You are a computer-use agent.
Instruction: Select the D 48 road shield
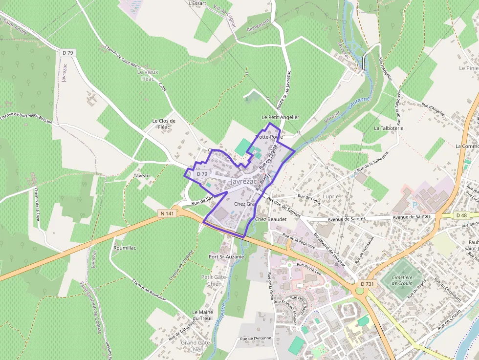461,215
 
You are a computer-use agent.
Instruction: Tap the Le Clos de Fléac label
164,124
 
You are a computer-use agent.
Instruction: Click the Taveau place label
142,175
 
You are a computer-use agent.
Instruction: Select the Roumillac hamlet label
125,248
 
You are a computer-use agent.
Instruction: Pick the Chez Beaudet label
268,219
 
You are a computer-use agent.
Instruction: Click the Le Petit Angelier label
280,117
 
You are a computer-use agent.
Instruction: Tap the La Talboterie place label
389,128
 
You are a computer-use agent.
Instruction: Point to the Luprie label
331,196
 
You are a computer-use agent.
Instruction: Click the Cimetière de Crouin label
403,280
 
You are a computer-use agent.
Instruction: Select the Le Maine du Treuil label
202,315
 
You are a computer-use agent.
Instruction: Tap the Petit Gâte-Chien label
211,280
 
